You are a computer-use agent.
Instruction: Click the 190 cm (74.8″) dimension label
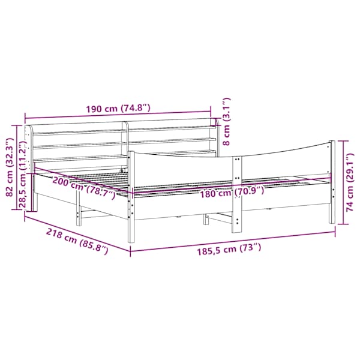118,108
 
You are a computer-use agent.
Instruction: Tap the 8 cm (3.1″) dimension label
226,121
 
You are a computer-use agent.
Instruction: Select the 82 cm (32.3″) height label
9,167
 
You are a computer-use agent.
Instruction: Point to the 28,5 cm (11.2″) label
23,174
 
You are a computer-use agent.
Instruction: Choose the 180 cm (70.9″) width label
232,193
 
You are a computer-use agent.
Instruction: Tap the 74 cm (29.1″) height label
350,182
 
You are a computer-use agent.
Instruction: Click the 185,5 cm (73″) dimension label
229,249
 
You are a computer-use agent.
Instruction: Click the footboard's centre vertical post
237,194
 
